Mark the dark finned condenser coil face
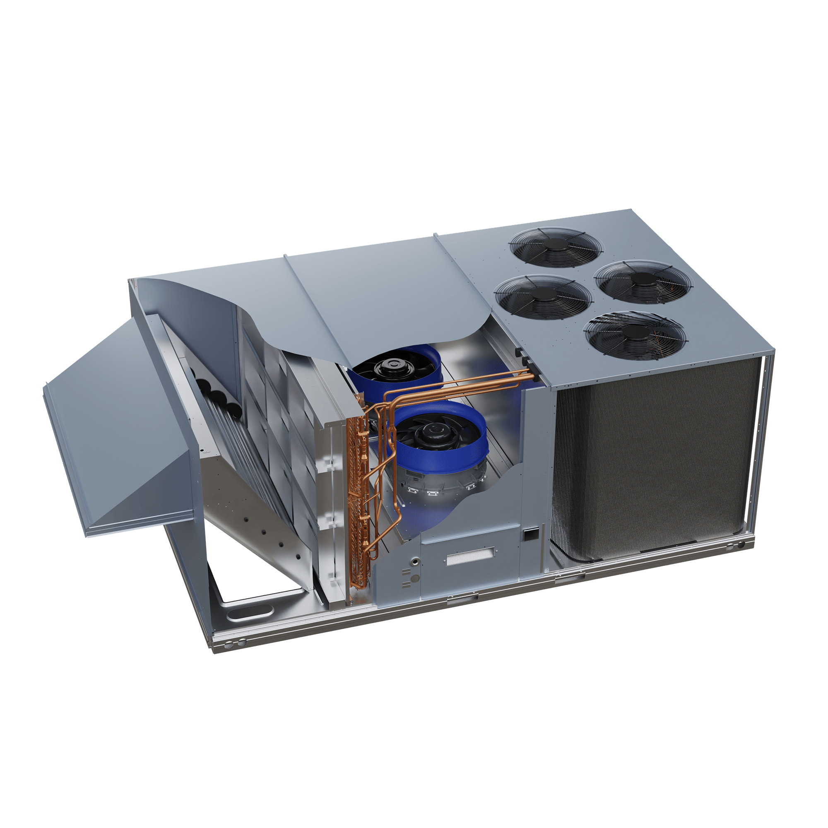pyautogui.click(x=656, y=463)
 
